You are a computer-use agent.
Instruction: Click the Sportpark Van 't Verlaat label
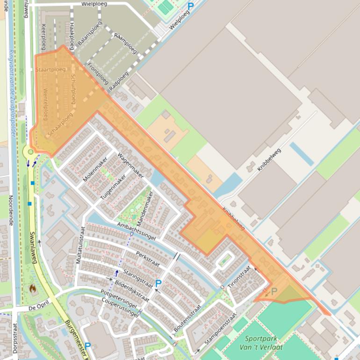coord(260,342)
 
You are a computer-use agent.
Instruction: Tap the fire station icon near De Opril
coord(32,289)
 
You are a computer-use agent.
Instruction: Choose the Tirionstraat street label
coord(239,280)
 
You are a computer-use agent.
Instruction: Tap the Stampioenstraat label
coord(214,333)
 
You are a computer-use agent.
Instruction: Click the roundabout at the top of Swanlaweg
coord(31,151)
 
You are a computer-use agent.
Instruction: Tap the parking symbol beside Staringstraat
coord(158,283)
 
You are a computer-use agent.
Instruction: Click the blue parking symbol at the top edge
coord(190,6)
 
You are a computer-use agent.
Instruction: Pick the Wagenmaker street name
coord(130,165)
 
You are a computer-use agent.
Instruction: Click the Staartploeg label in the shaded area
coord(50,70)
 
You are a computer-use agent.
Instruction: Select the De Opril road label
coord(39,308)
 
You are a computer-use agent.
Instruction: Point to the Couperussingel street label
coord(119,307)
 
